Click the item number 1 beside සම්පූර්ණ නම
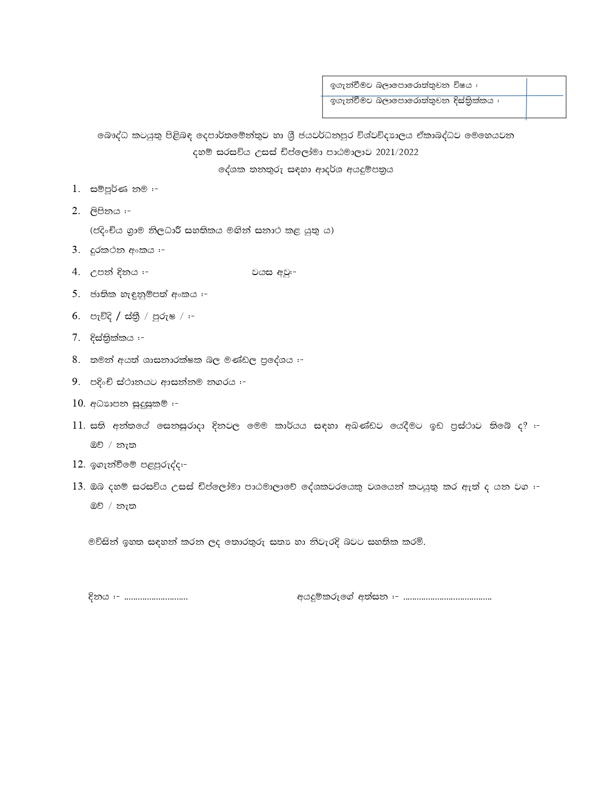coord(76,189)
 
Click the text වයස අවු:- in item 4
coord(274,272)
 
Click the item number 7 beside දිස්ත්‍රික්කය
coord(76,337)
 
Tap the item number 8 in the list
coord(76,360)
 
